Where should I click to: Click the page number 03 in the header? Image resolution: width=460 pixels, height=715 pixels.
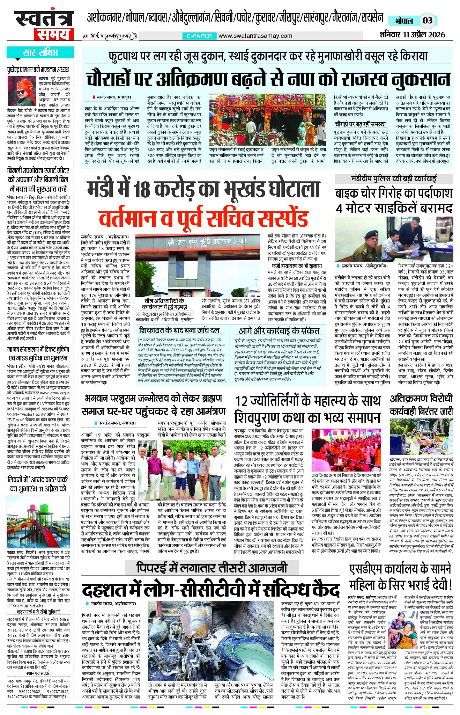427,20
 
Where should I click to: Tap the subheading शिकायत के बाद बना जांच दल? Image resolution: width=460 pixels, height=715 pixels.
179,330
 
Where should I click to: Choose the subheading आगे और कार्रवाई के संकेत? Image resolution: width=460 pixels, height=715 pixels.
279,330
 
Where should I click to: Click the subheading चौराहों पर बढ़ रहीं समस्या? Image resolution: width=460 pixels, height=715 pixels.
360,124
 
